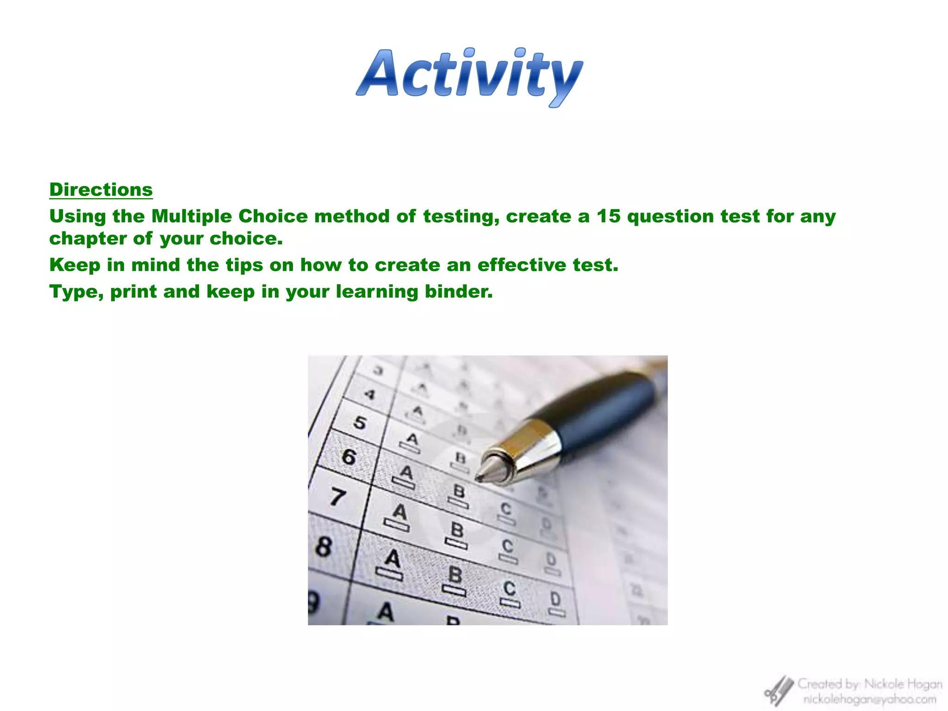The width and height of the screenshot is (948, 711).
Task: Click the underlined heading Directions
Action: pos(101,190)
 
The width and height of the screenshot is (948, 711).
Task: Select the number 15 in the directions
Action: pos(608,216)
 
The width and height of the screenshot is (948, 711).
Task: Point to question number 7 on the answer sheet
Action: pos(337,497)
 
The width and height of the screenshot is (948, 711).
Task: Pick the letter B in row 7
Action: pos(457,529)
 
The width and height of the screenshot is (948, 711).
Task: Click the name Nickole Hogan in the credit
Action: pos(903,684)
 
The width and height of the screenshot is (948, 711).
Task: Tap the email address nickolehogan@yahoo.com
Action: pos(869,699)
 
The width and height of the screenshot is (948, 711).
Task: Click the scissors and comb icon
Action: pos(779,691)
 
